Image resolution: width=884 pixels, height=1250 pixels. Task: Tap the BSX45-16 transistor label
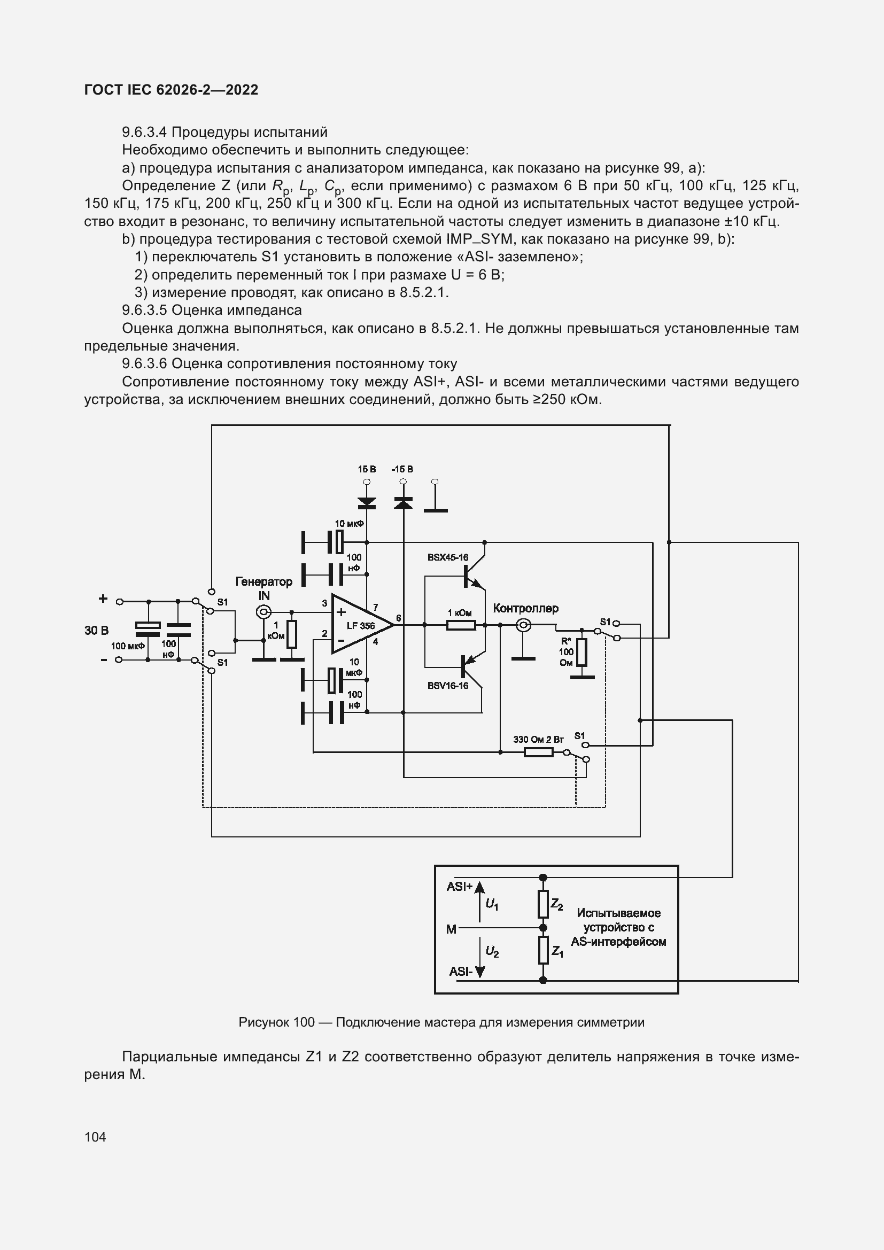pyautogui.click(x=447, y=557)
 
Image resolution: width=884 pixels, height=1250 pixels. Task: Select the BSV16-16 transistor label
pyautogui.click(x=447, y=686)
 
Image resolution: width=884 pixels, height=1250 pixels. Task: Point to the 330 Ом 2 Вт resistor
pyautogui.click(x=538, y=752)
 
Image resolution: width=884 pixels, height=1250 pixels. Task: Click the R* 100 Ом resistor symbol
pyautogui.click(x=581, y=652)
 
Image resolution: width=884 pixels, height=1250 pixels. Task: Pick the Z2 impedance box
pyautogui.click(x=542, y=904)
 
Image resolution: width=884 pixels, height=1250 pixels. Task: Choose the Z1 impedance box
pyautogui.click(x=542, y=950)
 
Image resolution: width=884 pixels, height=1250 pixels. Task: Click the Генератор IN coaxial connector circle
pyautogui.click(x=263, y=612)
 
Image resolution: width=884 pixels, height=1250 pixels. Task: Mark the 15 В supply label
pyautogui.click(x=367, y=469)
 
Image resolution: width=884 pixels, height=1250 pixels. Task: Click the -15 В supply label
pyautogui.click(x=402, y=469)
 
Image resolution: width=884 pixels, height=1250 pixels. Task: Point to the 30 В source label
pyautogui.click(x=96, y=631)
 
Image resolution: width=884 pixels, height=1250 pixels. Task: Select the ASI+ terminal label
pyautogui.click(x=460, y=886)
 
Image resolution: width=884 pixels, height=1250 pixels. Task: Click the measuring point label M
pyautogui.click(x=451, y=929)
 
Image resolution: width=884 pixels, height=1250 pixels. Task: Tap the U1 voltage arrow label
pyautogui.click(x=492, y=904)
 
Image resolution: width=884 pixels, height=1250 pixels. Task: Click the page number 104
pyautogui.click(x=95, y=1137)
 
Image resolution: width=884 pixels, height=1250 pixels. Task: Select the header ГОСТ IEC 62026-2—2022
pyautogui.click(x=171, y=90)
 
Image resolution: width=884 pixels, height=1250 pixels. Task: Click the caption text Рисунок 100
pyautogui.click(x=276, y=1022)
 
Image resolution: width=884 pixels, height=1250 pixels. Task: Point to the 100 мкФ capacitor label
pyautogui.click(x=127, y=646)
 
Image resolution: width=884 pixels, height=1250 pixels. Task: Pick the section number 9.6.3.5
pyautogui.click(x=145, y=310)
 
